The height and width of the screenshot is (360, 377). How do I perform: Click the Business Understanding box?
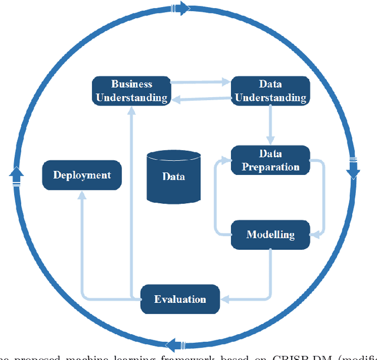tap(131, 91)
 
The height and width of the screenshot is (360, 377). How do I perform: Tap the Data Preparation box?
tap(270, 160)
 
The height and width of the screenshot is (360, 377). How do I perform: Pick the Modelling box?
tap(270, 235)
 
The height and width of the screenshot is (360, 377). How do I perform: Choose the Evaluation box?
tap(180, 299)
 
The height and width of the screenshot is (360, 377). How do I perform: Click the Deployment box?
tap(82, 175)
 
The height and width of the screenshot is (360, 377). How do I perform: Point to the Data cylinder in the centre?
tap(173, 176)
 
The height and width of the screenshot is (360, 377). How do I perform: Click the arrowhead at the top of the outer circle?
tap(183, 8)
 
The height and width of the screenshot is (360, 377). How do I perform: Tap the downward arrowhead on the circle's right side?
tap(352, 171)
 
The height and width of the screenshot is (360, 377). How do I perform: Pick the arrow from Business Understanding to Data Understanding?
tap(200, 83)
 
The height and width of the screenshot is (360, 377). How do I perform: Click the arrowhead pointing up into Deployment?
tap(82, 196)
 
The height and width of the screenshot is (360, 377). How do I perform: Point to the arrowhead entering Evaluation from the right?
tap(226, 299)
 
